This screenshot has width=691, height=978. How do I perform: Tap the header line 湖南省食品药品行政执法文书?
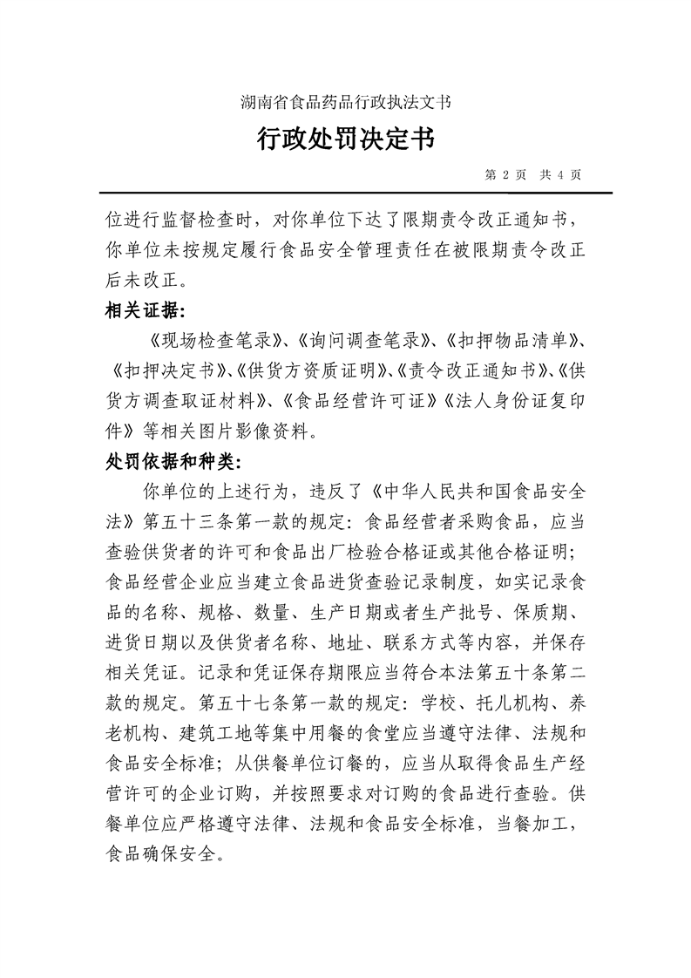pyautogui.click(x=345, y=101)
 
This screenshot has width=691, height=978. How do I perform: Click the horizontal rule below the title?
pyautogui.click(x=345, y=192)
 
